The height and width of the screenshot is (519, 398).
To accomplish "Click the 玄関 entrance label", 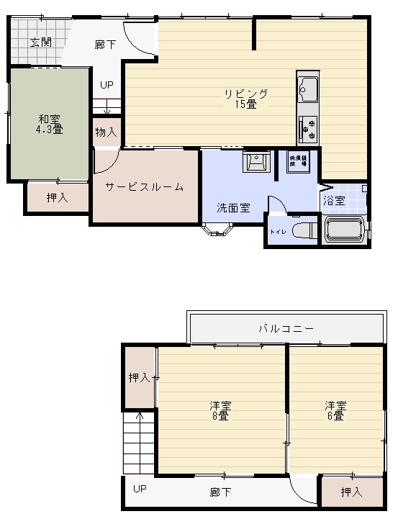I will (x=40, y=42).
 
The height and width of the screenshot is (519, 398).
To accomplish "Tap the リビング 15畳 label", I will (x=245, y=99).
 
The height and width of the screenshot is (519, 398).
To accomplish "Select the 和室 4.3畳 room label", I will (x=49, y=125).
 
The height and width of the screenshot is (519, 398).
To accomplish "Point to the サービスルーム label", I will (x=144, y=187).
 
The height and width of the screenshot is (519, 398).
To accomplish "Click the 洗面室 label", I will (x=233, y=208).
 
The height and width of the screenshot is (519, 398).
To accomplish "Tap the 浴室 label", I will (x=334, y=200).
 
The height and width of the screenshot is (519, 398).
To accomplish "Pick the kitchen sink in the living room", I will (x=308, y=89).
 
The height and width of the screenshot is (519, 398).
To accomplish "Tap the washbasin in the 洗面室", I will (x=255, y=163).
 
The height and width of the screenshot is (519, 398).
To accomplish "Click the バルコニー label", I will (x=286, y=329).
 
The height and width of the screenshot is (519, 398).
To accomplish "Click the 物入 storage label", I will (x=106, y=132).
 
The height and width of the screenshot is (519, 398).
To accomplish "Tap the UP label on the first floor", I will (x=107, y=85).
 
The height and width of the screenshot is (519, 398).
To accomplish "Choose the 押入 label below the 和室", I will (x=57, y=197).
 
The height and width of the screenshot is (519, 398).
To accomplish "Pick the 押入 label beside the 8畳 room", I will (x=139, y=377).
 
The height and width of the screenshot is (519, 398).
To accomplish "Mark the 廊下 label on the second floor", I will (x=221, y=492).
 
